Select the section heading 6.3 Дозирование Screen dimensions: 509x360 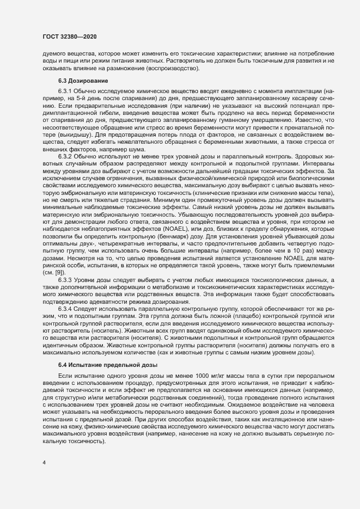pos(83,81)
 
